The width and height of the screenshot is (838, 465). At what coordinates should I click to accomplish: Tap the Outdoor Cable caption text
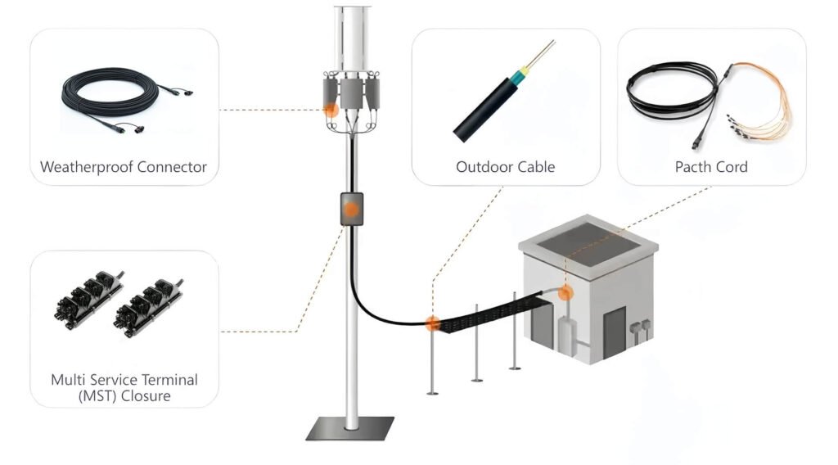pyautogui.click(x=505, y=167)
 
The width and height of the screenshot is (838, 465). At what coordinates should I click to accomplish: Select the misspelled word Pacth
pyautogui.click(x=693, y=167)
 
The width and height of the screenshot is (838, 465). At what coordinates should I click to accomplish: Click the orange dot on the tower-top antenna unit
pyautogui.click(x=331, y=108)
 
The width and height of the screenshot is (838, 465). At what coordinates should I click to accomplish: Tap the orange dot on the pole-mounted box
pyautogui.click(x=350, y=210)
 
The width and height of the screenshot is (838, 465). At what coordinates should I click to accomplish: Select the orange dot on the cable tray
pyautogui.click(x=431, y=324)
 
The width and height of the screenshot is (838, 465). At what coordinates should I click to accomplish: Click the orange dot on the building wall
pyautogui.click(x=564, y=292)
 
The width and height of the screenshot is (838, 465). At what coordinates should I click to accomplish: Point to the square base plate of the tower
pyautogui.click(x=350, y=428)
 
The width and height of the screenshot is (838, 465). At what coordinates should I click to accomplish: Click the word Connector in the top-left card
pyautogui.click(x=172, y=168)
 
